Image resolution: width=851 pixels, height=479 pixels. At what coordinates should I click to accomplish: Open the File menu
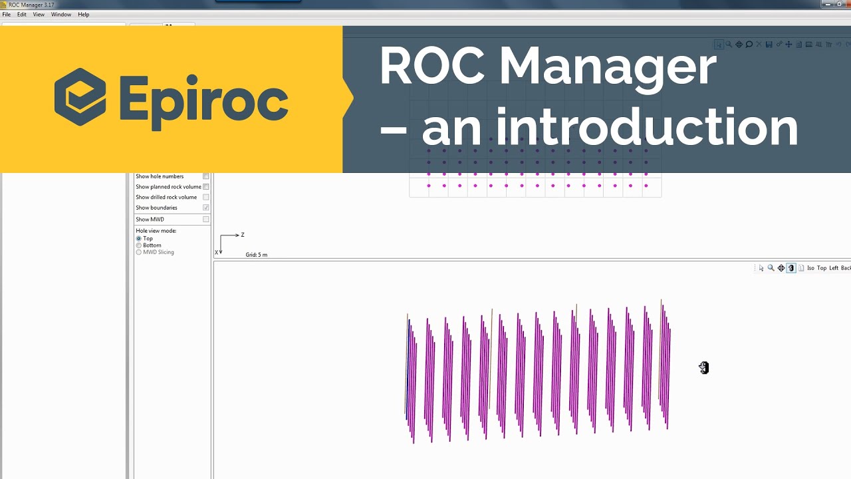click(6, 15)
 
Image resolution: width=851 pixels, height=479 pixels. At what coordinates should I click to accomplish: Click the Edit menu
click(22, 15)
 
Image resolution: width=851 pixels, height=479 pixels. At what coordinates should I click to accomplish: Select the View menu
click(39, 15)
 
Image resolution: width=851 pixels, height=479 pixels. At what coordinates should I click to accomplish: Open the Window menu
click(61, 15)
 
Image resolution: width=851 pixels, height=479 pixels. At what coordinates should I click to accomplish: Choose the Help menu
click(83, 15)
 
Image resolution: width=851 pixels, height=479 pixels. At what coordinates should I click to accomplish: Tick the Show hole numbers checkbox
click(206, 176)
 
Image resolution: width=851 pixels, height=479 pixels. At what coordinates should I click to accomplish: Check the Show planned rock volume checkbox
click(206, 187)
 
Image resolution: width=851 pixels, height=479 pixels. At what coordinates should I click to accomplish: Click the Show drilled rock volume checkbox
click(206, 198)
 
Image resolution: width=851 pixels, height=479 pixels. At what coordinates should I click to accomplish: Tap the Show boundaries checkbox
click(206, 208)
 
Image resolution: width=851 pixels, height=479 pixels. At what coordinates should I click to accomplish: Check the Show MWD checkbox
click(206, 220)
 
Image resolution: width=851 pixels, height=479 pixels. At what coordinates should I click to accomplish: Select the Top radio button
click(139, 238)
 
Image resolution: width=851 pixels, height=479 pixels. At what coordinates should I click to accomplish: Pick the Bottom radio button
click(139, 245)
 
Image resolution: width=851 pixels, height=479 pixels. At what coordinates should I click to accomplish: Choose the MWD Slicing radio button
click(139, 252)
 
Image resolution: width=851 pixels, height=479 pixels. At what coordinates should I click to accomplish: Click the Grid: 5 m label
click(257, 255)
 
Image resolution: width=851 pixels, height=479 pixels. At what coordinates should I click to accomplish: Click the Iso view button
click(810, 268)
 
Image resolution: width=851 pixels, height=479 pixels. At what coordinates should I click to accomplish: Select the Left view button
click(834, 268)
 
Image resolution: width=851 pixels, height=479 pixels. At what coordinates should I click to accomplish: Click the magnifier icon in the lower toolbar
click(771, 268)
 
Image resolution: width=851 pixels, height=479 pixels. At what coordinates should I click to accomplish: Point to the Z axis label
click(243, 235)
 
